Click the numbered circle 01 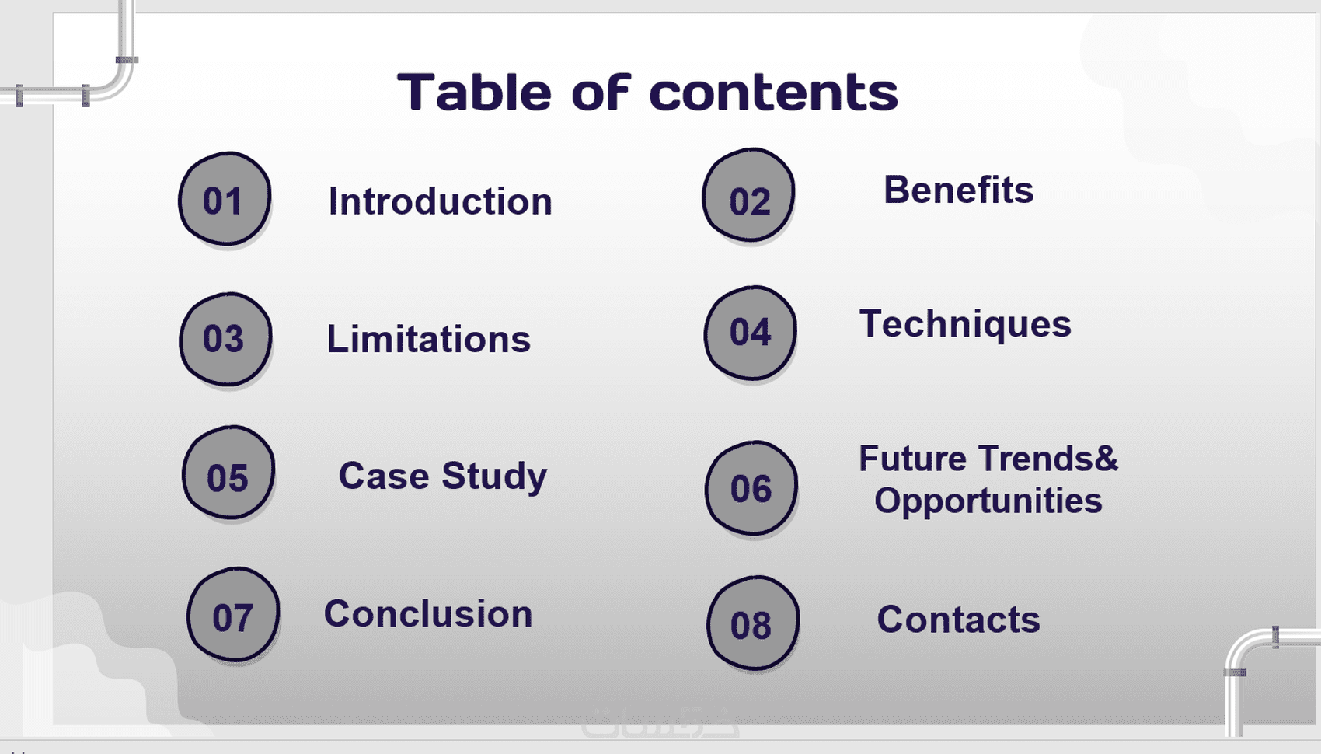[x=225, y=199]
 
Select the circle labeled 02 [x=748, y=195]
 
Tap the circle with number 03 [x=225, y=339]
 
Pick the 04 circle [x=750, y=333]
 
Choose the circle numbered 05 [x=228, y=473]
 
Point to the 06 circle [x=751, y=488]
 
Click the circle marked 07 [x=233, y=614]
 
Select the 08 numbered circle [x=753, y=623]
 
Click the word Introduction [x=441, y=201]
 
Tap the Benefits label [x=959, y=190]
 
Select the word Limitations [x=429, y=339]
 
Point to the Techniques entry [x=965, y=325]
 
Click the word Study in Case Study [x=495, y=476]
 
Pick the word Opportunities [x=988, y=501]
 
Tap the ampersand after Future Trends [x=1107, y=458]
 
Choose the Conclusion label [x=428, y=613]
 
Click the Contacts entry [x=959, y=620]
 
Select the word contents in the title [x=774, y=93]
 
